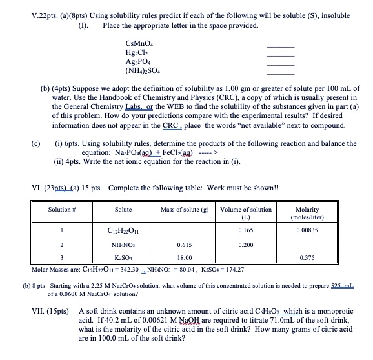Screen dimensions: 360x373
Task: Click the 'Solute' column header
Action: (x=123, y=210)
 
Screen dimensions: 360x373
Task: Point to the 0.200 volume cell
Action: (x=246, y=246)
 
